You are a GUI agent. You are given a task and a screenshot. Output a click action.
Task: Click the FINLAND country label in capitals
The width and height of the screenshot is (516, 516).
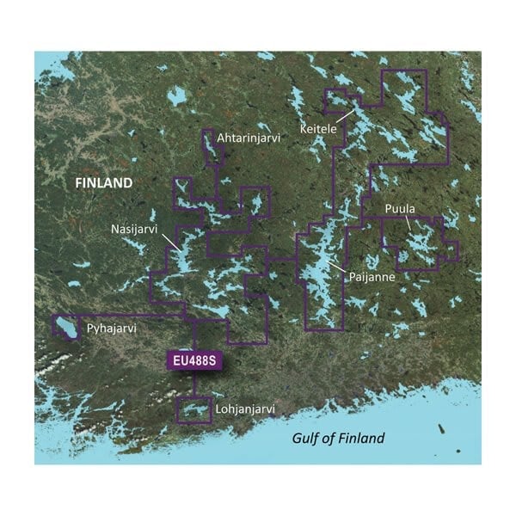click(103, 183)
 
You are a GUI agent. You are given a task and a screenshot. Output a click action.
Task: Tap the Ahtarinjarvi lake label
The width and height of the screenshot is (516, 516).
click(248, 137)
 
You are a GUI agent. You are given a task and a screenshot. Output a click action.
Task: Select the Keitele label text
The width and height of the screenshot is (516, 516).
click(318, 128)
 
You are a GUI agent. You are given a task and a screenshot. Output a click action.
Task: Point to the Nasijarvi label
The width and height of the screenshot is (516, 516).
click(134, 230)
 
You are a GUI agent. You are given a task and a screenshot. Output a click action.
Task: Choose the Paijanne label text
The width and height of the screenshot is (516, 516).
click(372, 278)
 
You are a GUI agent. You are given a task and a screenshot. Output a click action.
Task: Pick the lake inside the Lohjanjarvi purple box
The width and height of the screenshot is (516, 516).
click(193, 411)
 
